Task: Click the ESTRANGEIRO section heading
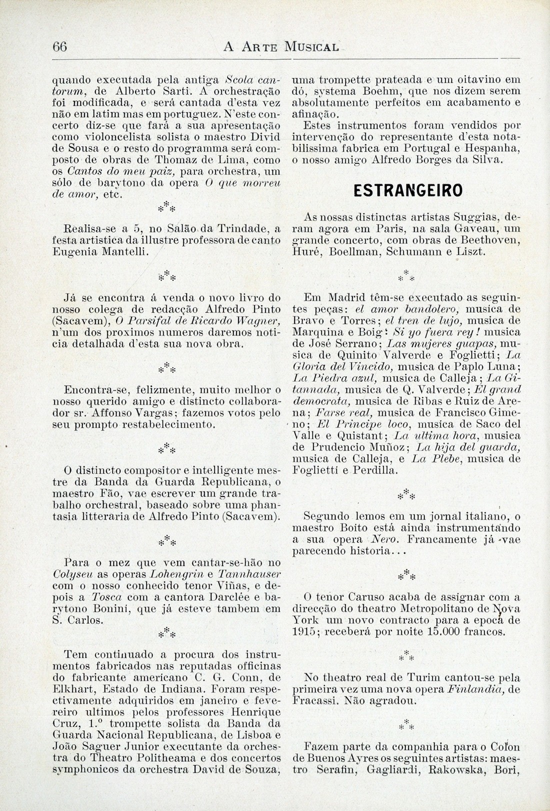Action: point(407,191)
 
